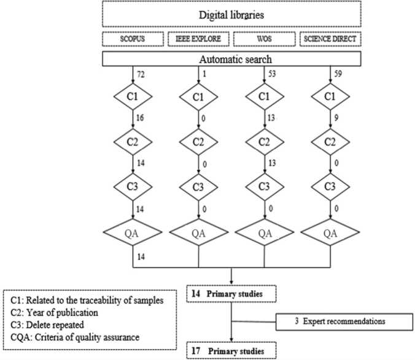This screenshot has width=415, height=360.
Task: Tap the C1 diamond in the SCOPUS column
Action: click(133, 98)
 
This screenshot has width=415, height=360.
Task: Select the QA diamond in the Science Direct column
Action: click(330, 234)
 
